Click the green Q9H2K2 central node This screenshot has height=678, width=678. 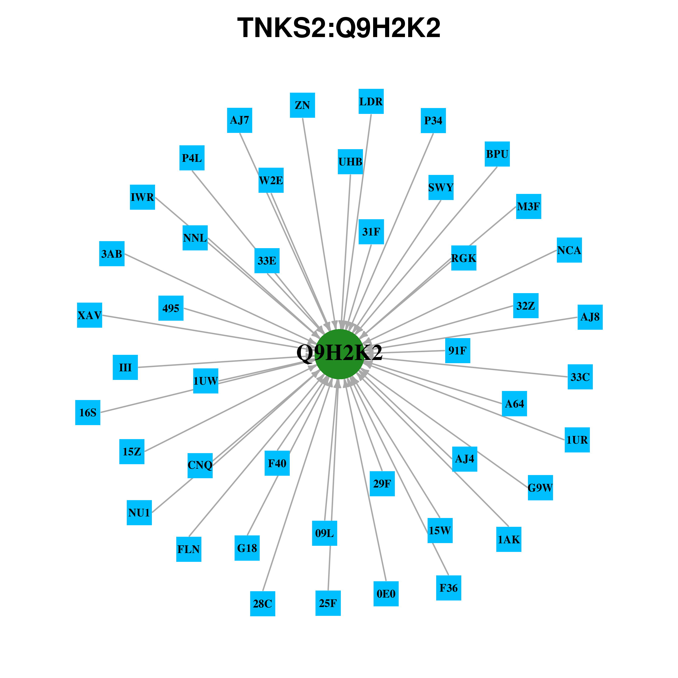[339, 354]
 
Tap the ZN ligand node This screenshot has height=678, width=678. [302, 105]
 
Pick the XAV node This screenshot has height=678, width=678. [89, 315]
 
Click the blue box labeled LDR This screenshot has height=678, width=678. [371, 101]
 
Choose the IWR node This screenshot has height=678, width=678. [142, 197]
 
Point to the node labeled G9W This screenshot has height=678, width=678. [540, 488]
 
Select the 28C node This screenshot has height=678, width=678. [262, 604]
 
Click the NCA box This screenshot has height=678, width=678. [569, 250]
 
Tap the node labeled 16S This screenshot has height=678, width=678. [88, 413]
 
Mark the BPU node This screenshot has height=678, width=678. [497, 154]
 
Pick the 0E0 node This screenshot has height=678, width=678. [386, 594]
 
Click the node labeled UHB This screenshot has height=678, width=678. [350, 162]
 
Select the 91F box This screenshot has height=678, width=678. [458, 351]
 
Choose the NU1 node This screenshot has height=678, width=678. [139, 513]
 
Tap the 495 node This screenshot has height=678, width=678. [171, 308]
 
